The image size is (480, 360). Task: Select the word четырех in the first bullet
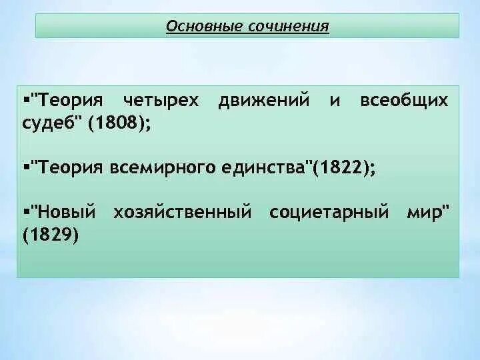161,101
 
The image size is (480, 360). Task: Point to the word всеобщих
404,101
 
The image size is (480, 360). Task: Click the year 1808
119,123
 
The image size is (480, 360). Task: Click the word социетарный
329,213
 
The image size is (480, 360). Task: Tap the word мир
427,213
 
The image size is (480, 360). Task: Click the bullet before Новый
25,211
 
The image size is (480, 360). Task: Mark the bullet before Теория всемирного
25,165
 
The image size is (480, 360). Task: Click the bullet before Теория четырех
25,99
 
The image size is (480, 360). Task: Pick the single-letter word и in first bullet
335,101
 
